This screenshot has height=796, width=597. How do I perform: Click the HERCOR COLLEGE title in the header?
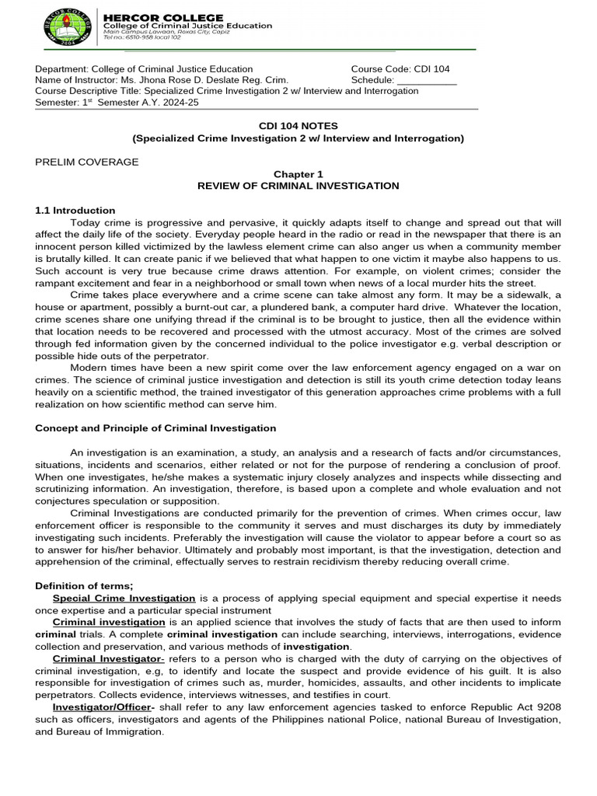pos(163,17)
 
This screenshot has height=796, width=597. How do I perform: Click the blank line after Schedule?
pos(427,80)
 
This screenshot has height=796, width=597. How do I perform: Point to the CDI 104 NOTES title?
pos(298,125)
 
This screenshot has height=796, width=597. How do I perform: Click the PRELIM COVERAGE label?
pos(87,162)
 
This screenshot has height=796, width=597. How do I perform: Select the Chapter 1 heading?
pos(298,174)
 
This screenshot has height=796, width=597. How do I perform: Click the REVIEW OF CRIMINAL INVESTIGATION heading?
pos(298,186)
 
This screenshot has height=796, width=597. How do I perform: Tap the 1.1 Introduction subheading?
pos(75,211)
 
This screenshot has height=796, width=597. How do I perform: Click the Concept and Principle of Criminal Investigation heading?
pos(156,428)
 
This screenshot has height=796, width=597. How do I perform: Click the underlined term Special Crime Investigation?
pos(124,598)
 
